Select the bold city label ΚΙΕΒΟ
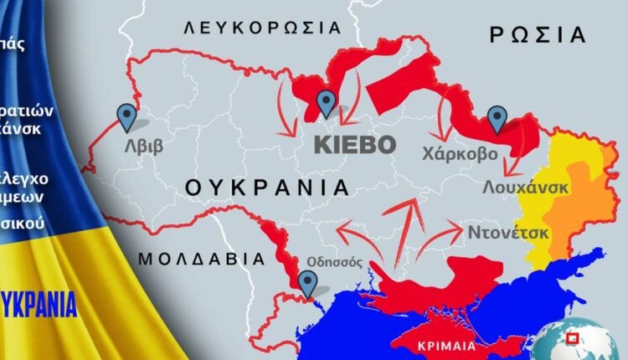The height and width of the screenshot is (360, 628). (x=354, y=144)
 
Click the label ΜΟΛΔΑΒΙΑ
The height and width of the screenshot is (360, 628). (x=194, y=258)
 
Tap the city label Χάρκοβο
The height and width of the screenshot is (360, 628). (x=460, y=154)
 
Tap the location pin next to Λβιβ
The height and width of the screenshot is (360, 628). (x=127, y=118)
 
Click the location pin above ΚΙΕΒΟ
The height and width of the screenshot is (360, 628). (x=327, y=105)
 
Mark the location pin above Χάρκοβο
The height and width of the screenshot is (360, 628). (x=498, y=120)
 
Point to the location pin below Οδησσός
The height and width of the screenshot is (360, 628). (x=308, y=285)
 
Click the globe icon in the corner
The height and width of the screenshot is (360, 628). (x=569, y=342)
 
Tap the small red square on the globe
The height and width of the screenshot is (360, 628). (x=574, y=338)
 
